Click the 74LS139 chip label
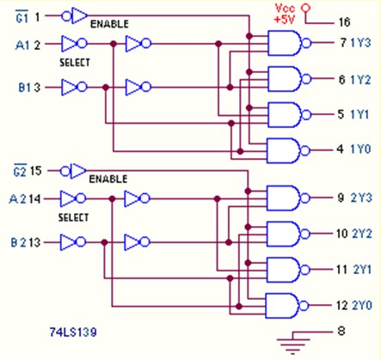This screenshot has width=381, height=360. tap(73, 333)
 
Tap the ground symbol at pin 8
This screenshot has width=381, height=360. tap(293, 342)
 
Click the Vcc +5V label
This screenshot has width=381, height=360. tap(285, 14)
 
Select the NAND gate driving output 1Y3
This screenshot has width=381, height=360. tap(289, 43)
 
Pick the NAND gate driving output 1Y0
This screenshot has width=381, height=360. tap(288, 150)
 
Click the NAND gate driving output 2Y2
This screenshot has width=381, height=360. tap(288, 234)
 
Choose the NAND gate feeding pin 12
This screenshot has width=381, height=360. tap(287, 306)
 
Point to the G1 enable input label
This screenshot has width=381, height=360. tap(22, 16)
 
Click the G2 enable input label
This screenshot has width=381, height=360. tap(20, 171)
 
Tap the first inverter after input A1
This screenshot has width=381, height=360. tap(74, 44)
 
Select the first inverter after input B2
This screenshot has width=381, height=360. tap(73, 242)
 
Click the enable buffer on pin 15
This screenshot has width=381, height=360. tap(73, 171)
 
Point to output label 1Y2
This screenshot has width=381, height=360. tap(360, 80)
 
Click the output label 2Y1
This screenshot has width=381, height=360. tap(362, 270)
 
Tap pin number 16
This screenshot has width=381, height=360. tap(344, 22)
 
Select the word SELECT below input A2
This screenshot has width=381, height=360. tap(73, 217)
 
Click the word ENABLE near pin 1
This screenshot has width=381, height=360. tap(109, 24)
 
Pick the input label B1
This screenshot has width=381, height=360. tap(25, 88)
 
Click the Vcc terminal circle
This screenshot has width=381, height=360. tap(306, 8)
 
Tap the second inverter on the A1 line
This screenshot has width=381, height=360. tap(138, 44)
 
